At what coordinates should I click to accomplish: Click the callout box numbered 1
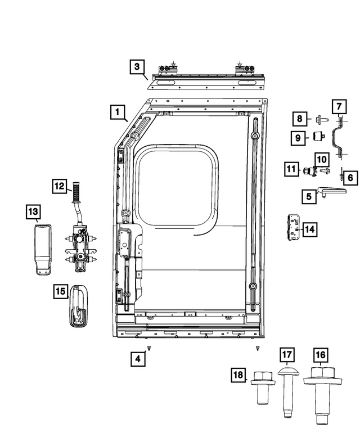118,112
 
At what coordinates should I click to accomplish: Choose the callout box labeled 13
34,212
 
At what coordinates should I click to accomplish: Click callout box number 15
61,291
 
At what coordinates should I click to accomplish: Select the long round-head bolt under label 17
287,394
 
